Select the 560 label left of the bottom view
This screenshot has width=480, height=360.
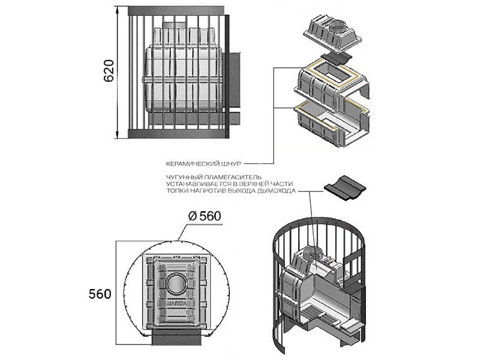click(100, 294)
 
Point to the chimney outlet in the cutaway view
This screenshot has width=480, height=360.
click(313, 250)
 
